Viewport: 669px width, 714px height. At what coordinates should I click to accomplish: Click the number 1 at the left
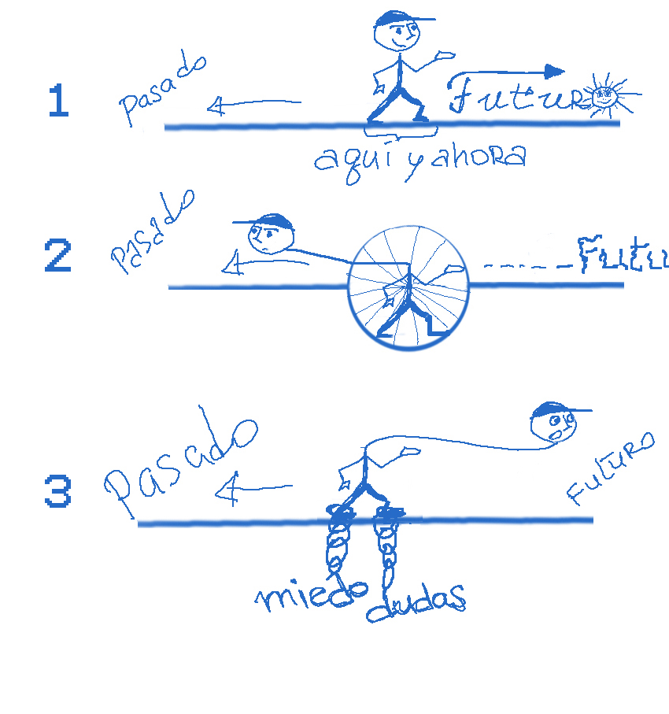click(x=58, y=102)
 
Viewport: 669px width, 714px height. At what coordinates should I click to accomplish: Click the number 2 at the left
click(x=58, y=257)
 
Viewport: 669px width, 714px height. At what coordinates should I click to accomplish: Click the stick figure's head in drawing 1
click(x=396, y=31)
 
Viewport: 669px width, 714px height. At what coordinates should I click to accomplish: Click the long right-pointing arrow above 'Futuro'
click(x=508, y=72)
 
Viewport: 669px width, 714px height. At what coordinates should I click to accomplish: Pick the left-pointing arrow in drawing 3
click(x=252, y=490)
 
